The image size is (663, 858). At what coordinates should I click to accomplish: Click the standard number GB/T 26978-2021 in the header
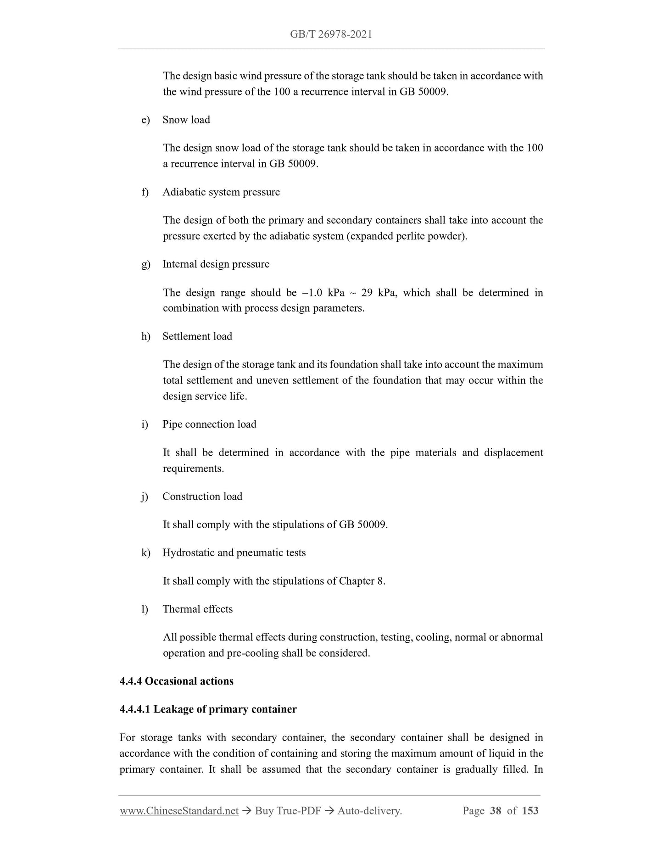point(331,34)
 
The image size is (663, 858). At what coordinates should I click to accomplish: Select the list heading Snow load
point(186,120)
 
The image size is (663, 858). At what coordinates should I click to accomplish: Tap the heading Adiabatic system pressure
point(221,192)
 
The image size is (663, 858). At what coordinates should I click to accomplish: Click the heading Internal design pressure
point(216,264)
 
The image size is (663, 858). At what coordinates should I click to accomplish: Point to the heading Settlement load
point(197,336)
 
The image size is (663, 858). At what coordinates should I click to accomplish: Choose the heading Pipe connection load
point(209,424)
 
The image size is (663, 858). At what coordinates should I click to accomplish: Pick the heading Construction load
point(202,496)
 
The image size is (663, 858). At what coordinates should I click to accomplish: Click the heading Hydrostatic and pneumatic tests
point(234,552)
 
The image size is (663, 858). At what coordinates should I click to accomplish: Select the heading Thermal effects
point(197,609)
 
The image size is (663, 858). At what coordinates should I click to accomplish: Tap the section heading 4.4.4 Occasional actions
point(176,681)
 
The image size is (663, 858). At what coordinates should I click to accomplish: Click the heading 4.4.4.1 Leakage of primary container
point(208,709)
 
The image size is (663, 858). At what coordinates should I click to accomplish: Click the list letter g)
point(146,264)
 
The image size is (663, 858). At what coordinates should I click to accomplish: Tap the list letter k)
point(146,552)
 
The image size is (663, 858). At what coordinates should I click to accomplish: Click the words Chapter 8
point(361,581)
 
